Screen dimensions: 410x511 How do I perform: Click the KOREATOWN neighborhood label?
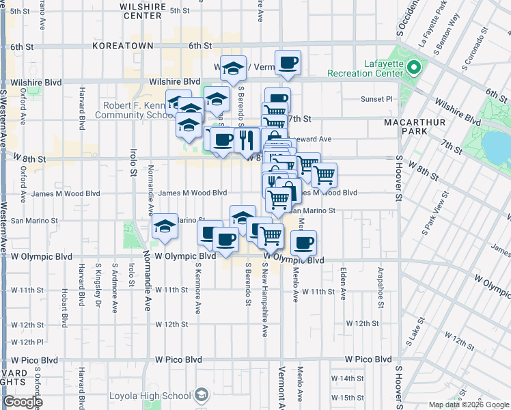click(x=124, y=46)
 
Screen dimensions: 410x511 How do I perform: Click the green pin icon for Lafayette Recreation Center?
click(x=413, y=68)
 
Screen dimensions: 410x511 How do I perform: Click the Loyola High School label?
click(x=158, y=395)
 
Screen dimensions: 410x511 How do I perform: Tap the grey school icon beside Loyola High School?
click(x=202, y=394)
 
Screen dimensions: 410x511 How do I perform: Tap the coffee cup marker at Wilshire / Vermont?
click(x=288, y=63)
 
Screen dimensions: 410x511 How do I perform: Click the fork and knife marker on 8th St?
click(x=245, y=140)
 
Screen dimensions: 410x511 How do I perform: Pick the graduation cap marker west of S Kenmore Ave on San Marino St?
click(x=165, y=225)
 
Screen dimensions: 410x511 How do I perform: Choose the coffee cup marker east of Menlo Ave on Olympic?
click(x=304, y=242)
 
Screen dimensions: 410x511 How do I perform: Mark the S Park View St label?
click(x=430, y=218)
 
